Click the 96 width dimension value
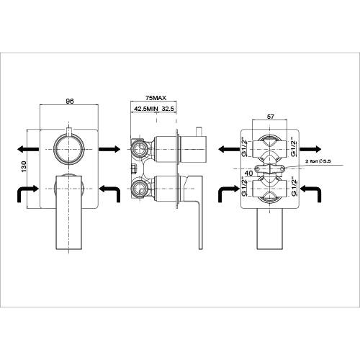pos(70,101)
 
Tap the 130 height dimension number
pos(24,166)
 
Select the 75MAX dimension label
pos(156,98)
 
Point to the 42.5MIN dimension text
pos(146,109)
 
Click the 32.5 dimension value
pos(168,109)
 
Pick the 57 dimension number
pos(270,117)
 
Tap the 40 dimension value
pos(249,173)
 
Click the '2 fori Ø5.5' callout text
pos(318,161)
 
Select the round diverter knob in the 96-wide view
pos(69,149)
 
